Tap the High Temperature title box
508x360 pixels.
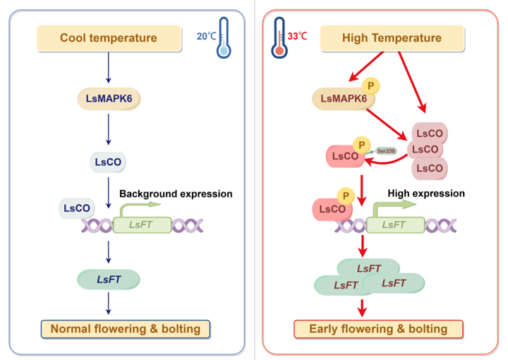coord(392,38)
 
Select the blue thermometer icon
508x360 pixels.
coord(224,37)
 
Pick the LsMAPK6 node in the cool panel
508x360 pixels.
coord(108,98)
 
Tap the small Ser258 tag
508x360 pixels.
coord(385,150)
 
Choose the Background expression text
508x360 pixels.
coord(176,193)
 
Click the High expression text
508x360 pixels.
coord(426,193)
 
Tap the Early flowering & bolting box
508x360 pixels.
coord(378,329)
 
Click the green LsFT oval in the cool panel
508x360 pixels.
coord(108,280)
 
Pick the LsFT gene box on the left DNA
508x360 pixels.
coord(138,224)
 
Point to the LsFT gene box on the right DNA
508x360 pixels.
coord(394,224)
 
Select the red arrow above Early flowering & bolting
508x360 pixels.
coord(363,306)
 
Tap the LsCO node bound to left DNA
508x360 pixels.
coord(77,208)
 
